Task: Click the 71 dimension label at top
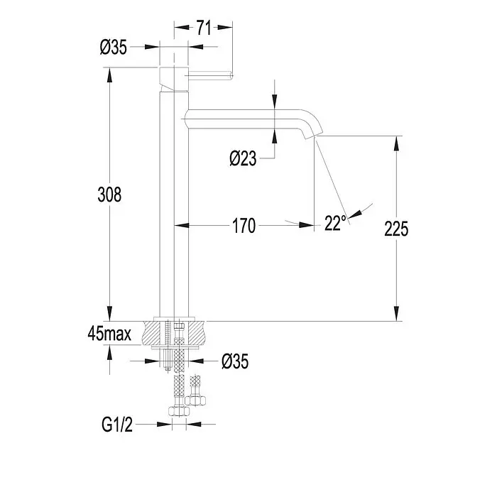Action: tap(204, 28)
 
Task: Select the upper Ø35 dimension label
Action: tap(113, 48)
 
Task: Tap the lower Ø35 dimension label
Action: tap(235, 361)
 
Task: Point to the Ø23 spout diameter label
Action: tap(243, 158)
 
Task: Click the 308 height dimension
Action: tap(109, 195)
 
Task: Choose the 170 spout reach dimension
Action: tap(244, 226)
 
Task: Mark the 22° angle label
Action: tap(335, 223)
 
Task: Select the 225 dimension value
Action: tap(396, 229)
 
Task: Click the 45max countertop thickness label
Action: tap(109, 334)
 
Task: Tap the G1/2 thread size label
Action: tap(117, 424)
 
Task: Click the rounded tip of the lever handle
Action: tap(231, 76)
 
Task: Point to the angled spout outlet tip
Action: tap(312, 136)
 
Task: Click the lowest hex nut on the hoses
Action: tap(179, 411)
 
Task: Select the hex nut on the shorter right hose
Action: tap(195, 400)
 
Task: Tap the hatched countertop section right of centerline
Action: tap(196, 333)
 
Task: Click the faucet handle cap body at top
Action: tap(174, 79)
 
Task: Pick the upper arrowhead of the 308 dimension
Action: tap(109, 75)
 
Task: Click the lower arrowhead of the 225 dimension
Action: tap(396, 314)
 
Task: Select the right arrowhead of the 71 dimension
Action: tap(225, 28)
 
